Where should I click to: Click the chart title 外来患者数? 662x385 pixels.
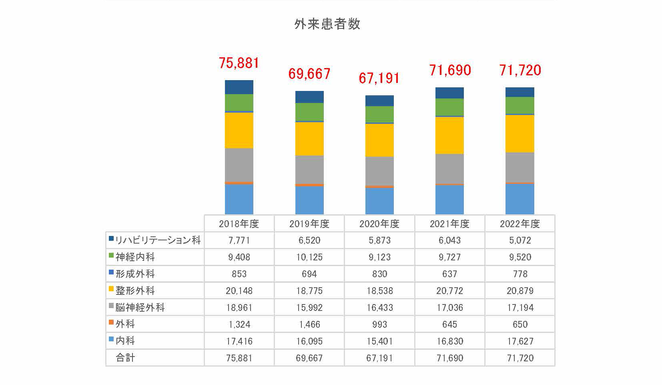(x=327, y=24)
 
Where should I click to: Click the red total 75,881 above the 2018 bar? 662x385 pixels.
(x=239, y=63)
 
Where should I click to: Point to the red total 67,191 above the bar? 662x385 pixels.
(x=379, y=78)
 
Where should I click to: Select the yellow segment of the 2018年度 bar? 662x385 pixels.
(x=239, y=130)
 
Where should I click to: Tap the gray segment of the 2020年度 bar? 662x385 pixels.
(x=379, y=171)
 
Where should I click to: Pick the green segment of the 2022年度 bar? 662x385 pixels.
(x=520, y=105)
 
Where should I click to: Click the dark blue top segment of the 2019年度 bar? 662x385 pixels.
(x=309, y=97)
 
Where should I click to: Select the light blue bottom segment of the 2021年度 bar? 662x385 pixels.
(x=449, y=200)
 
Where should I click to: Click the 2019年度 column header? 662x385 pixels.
(x=309, y=224)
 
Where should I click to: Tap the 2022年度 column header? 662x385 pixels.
(x=520, y=224)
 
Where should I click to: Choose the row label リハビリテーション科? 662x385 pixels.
(x=158, y=240)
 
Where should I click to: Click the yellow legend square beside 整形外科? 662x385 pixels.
(x=111, y=288)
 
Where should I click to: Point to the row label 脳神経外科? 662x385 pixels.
(x=140, y=307)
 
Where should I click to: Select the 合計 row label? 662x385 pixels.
(x=125, y=358)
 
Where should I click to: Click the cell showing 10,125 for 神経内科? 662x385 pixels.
(x=309, y=257)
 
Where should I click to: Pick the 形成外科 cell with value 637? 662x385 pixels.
(x=449, y=274)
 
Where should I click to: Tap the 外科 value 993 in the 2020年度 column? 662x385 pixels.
(x=379, y=324)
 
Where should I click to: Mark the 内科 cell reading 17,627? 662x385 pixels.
(x=520, y=341)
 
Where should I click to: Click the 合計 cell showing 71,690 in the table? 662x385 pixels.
(x=449, y=358)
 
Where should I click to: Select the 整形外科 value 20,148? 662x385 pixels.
(x=239, y=291)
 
